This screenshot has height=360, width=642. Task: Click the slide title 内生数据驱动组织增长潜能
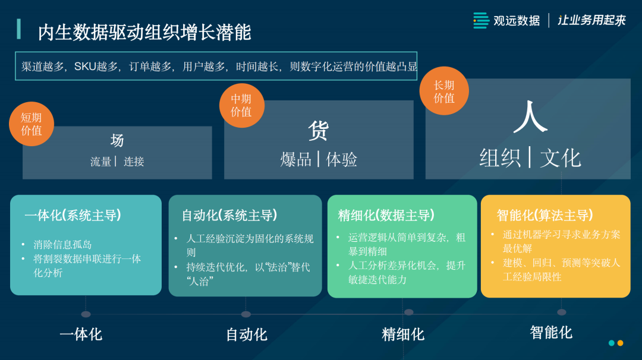(144, 32)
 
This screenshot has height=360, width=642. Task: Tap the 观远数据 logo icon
(481, 20)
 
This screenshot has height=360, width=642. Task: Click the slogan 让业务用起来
(591, 20)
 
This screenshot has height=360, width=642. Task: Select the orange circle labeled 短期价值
(32, 124)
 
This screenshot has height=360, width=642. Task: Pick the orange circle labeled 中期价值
(241, 105)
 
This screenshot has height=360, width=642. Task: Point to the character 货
(319, 131)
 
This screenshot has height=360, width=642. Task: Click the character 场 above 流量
(117, 140)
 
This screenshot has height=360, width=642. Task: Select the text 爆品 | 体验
(319, 159)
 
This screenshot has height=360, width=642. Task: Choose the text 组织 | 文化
(530, 158)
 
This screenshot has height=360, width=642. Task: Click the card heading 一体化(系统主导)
(73, 215)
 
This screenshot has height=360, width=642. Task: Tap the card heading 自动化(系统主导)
(229, 215)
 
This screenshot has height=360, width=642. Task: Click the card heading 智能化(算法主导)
(545, 215)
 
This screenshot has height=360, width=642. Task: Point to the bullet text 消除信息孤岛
(63, 244)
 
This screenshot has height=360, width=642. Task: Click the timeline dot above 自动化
(246, 314)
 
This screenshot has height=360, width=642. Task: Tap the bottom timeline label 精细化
(403, 334)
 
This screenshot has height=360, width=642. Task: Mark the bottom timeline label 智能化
(551, 332)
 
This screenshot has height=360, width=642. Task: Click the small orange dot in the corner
(620, 343)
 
